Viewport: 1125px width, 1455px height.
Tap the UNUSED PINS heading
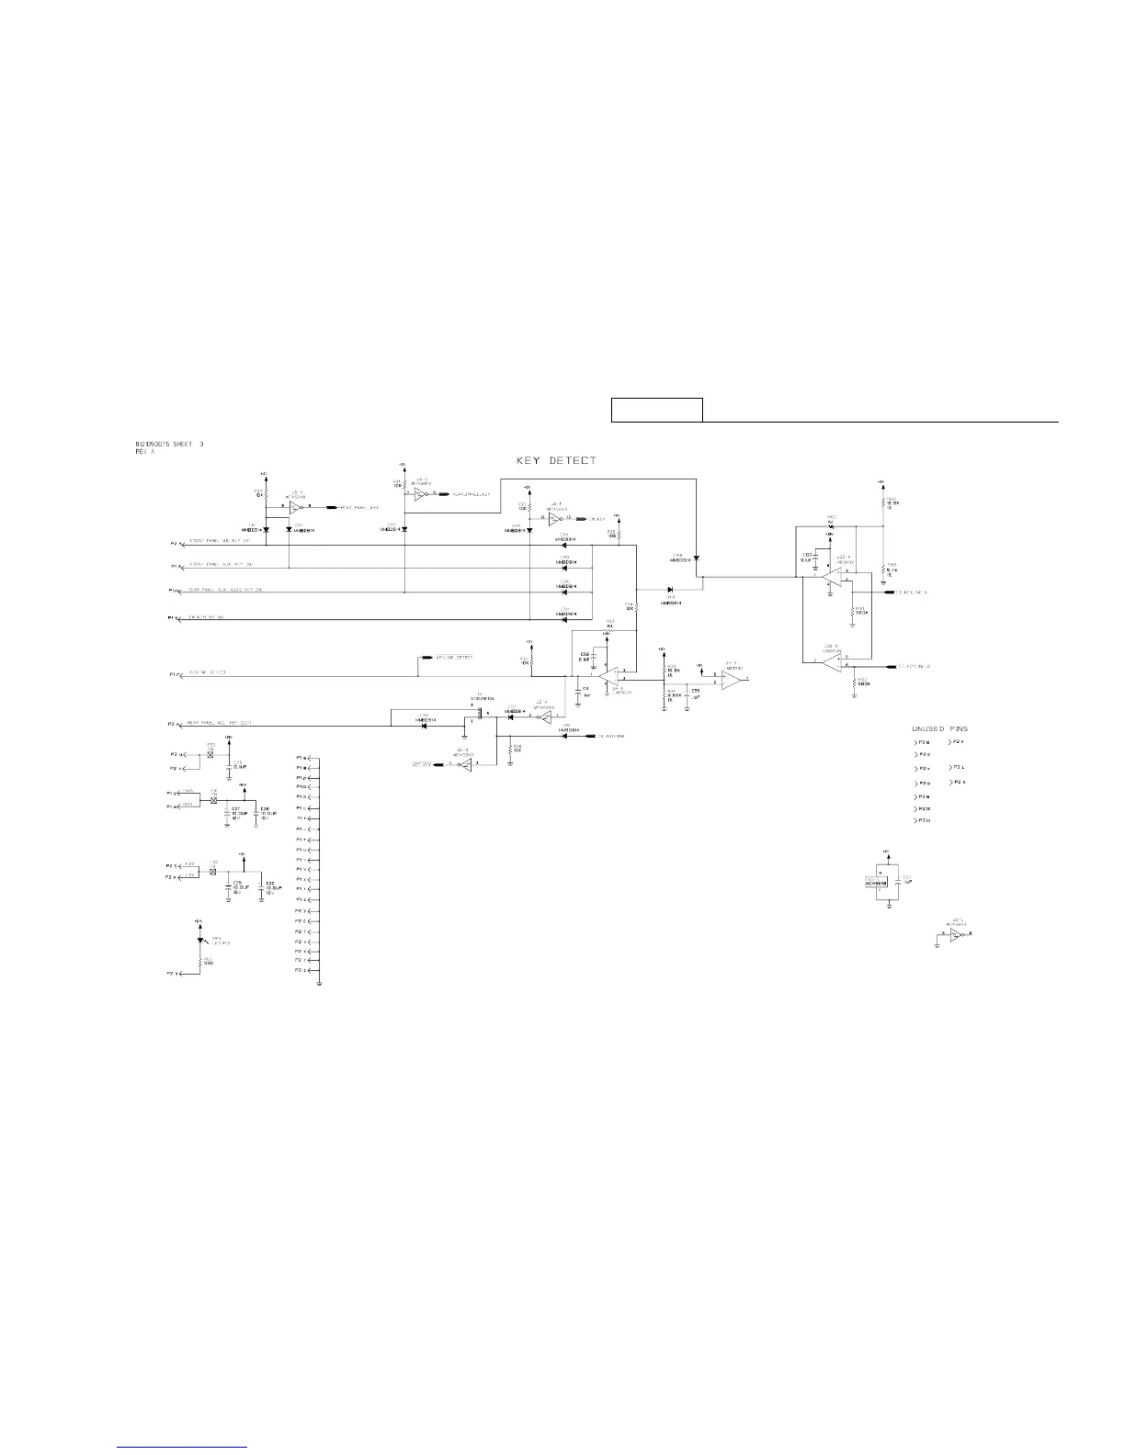939,728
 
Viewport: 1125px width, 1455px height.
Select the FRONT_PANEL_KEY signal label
358,507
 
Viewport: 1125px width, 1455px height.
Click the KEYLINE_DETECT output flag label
454,658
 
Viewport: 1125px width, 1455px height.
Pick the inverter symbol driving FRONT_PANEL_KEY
295,507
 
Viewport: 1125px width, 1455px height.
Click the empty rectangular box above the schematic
657,410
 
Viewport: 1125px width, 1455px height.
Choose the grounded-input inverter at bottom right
956,934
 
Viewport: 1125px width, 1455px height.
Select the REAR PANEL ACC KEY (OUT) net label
220,724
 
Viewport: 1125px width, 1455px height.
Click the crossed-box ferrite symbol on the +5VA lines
213,801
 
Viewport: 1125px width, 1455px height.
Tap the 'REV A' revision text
144,451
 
